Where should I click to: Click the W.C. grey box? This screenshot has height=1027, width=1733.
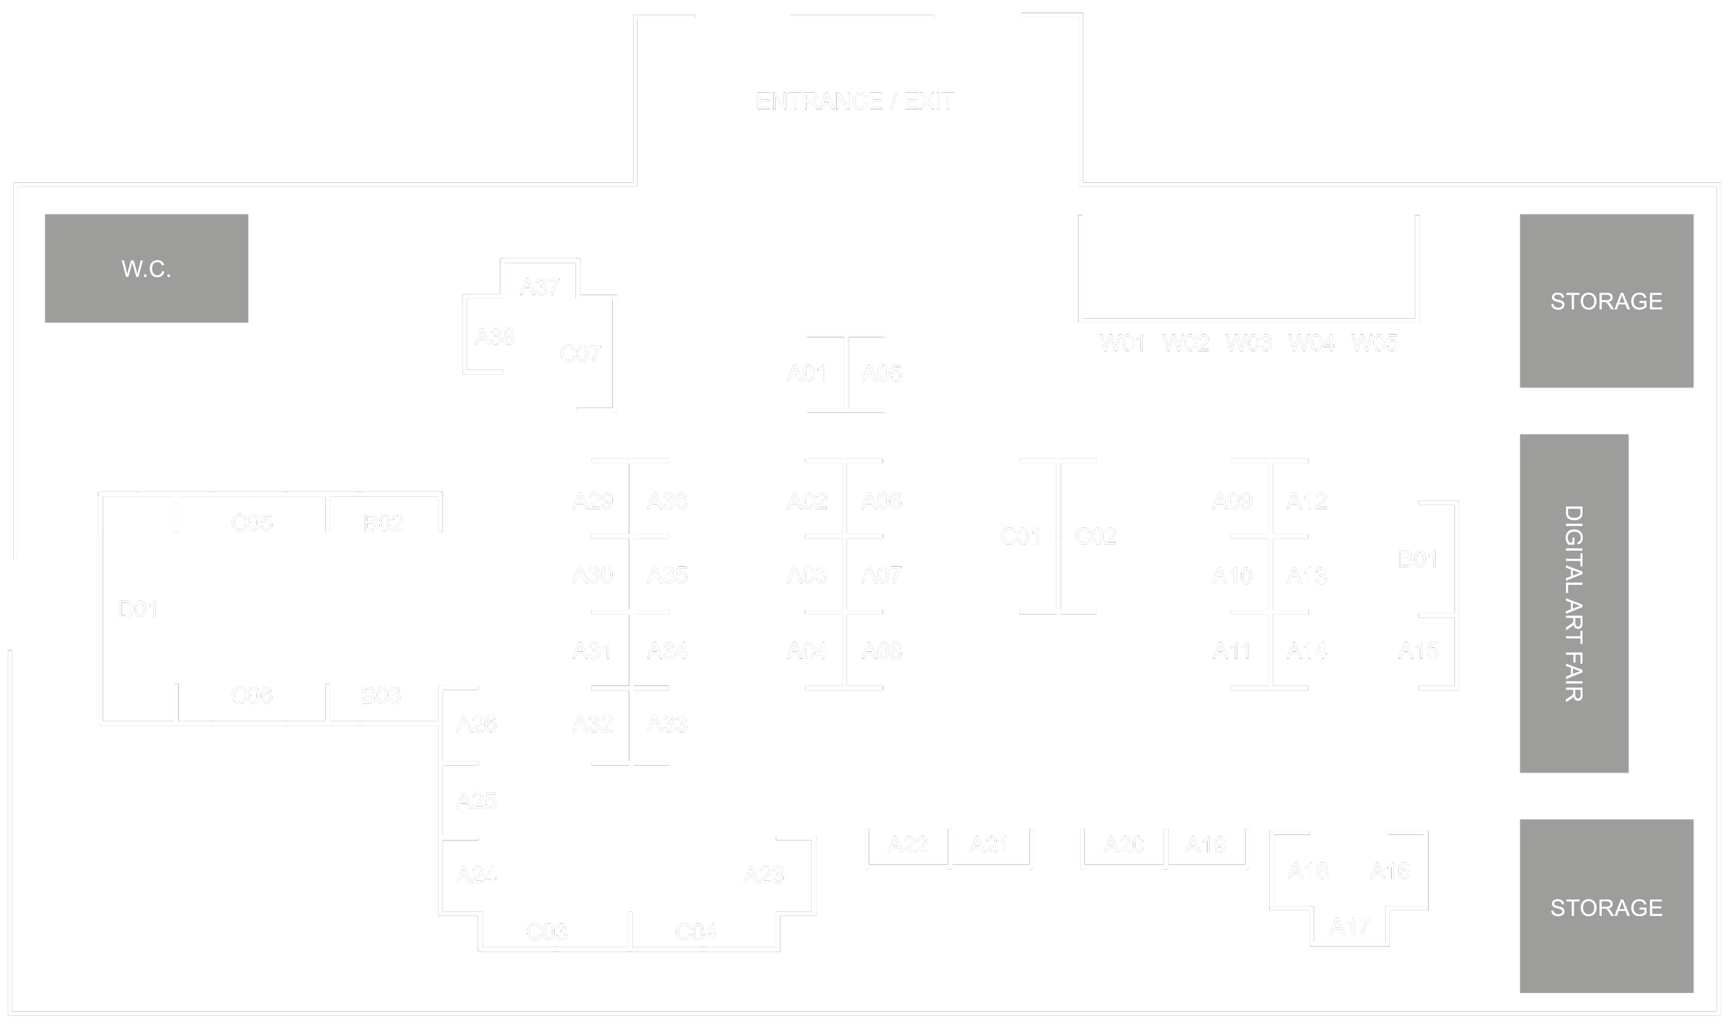click(x=146, y=268)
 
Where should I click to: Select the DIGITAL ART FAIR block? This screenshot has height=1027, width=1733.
click(x=1574, y=604)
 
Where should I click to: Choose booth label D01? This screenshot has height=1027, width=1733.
click(x=137, y=610)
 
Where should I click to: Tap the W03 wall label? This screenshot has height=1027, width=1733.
click(x=1248, y=343)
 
